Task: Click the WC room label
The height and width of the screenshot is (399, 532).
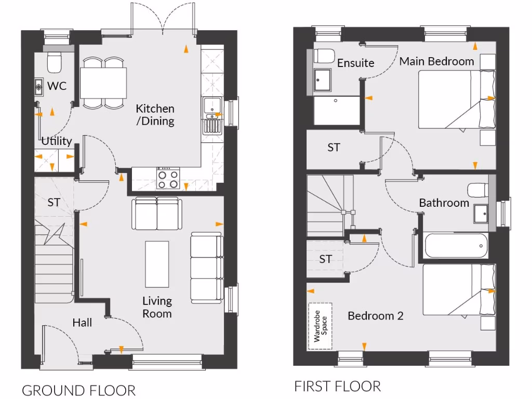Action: coord(57,86)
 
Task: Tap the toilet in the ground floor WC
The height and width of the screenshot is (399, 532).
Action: coord(54,61)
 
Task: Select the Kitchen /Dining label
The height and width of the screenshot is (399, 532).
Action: coord(155,115)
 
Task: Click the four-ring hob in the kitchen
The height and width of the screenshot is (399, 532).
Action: coord(168,179)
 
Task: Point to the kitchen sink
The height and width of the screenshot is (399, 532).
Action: coord(211,107)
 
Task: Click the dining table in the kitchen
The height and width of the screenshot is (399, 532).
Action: coord(103,83)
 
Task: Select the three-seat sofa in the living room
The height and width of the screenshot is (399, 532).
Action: coord(206,268)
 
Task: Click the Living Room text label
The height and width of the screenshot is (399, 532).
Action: coord(157,307)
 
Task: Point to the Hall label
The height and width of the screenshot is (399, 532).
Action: coord(82,323)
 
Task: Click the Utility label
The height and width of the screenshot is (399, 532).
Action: coord(57,141)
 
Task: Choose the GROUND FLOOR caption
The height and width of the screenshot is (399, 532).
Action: coord(78,390)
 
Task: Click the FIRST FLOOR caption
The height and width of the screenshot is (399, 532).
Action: coord(337,387)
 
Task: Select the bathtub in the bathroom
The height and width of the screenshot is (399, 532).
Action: coord(456,246)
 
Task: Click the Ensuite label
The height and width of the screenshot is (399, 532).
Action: coord(355,63)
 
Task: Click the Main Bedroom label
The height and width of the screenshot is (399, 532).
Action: coord(436,61)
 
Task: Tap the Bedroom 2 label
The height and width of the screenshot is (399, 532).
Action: coord(375,316)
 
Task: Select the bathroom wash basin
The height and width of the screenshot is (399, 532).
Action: coord(481,213)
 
